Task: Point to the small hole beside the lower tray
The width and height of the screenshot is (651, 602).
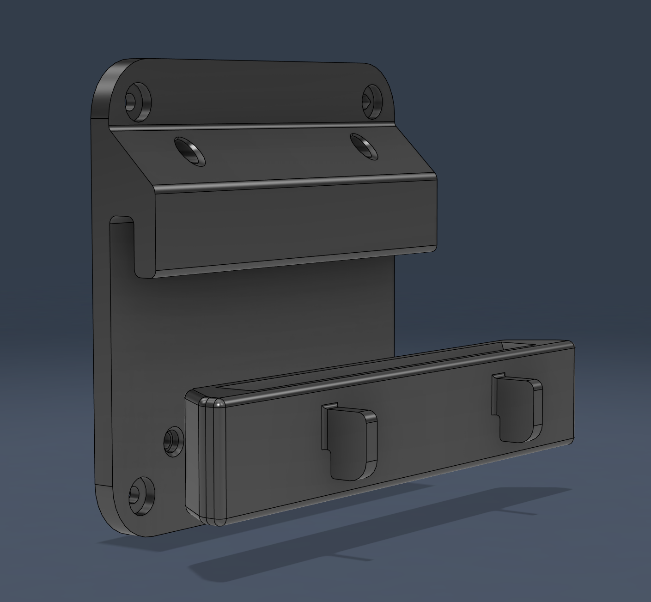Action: coord(172,441)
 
